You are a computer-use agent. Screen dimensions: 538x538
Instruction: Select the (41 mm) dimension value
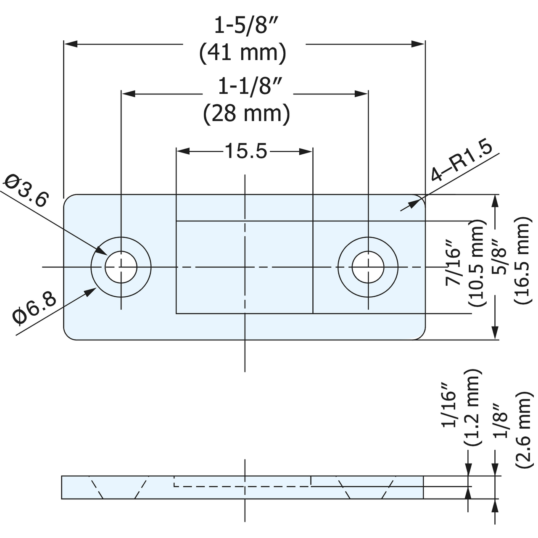[243, 53]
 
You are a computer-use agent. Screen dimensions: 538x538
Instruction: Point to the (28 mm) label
[247, 113]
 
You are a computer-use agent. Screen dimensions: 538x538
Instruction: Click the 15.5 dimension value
[246, 151]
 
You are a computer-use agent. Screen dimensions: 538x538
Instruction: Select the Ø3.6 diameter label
[26, 191]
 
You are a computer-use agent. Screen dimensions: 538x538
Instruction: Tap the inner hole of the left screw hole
[121, 267]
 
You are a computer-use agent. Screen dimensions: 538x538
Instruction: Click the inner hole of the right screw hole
[368, 267]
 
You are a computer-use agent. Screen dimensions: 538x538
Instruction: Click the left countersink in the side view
[119, 488]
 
